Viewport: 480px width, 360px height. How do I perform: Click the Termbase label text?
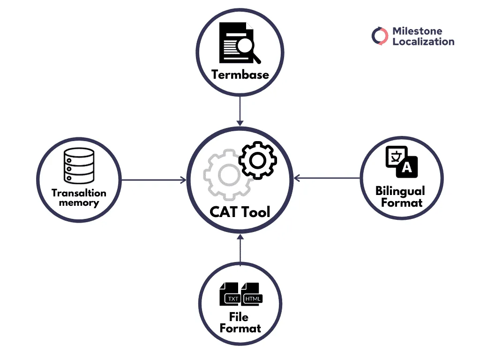pos(240,75)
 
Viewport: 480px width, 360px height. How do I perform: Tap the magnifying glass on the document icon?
pos(247,47)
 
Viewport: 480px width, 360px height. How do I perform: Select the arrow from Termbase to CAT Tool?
pos(240,111)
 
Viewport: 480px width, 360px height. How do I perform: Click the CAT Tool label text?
pos(240,212)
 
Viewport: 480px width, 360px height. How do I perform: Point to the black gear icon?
pos(257,160)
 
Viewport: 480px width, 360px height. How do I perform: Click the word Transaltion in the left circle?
pos(79,193)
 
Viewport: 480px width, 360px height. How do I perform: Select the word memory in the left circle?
pos(79,203)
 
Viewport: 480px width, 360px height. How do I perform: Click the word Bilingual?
pos(400,191)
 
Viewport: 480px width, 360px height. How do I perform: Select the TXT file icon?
pos(231,294)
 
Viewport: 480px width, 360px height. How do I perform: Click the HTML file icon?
pos(252,294)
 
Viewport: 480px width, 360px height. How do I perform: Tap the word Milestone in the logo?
pos(417,31)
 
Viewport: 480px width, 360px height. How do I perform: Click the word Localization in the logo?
pos(423,42)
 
